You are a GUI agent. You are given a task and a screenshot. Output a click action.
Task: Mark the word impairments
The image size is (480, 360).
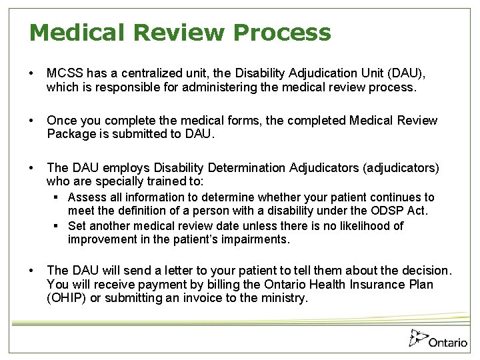point(255,239)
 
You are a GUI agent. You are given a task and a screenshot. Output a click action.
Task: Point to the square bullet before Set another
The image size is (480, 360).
point(58,226)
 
